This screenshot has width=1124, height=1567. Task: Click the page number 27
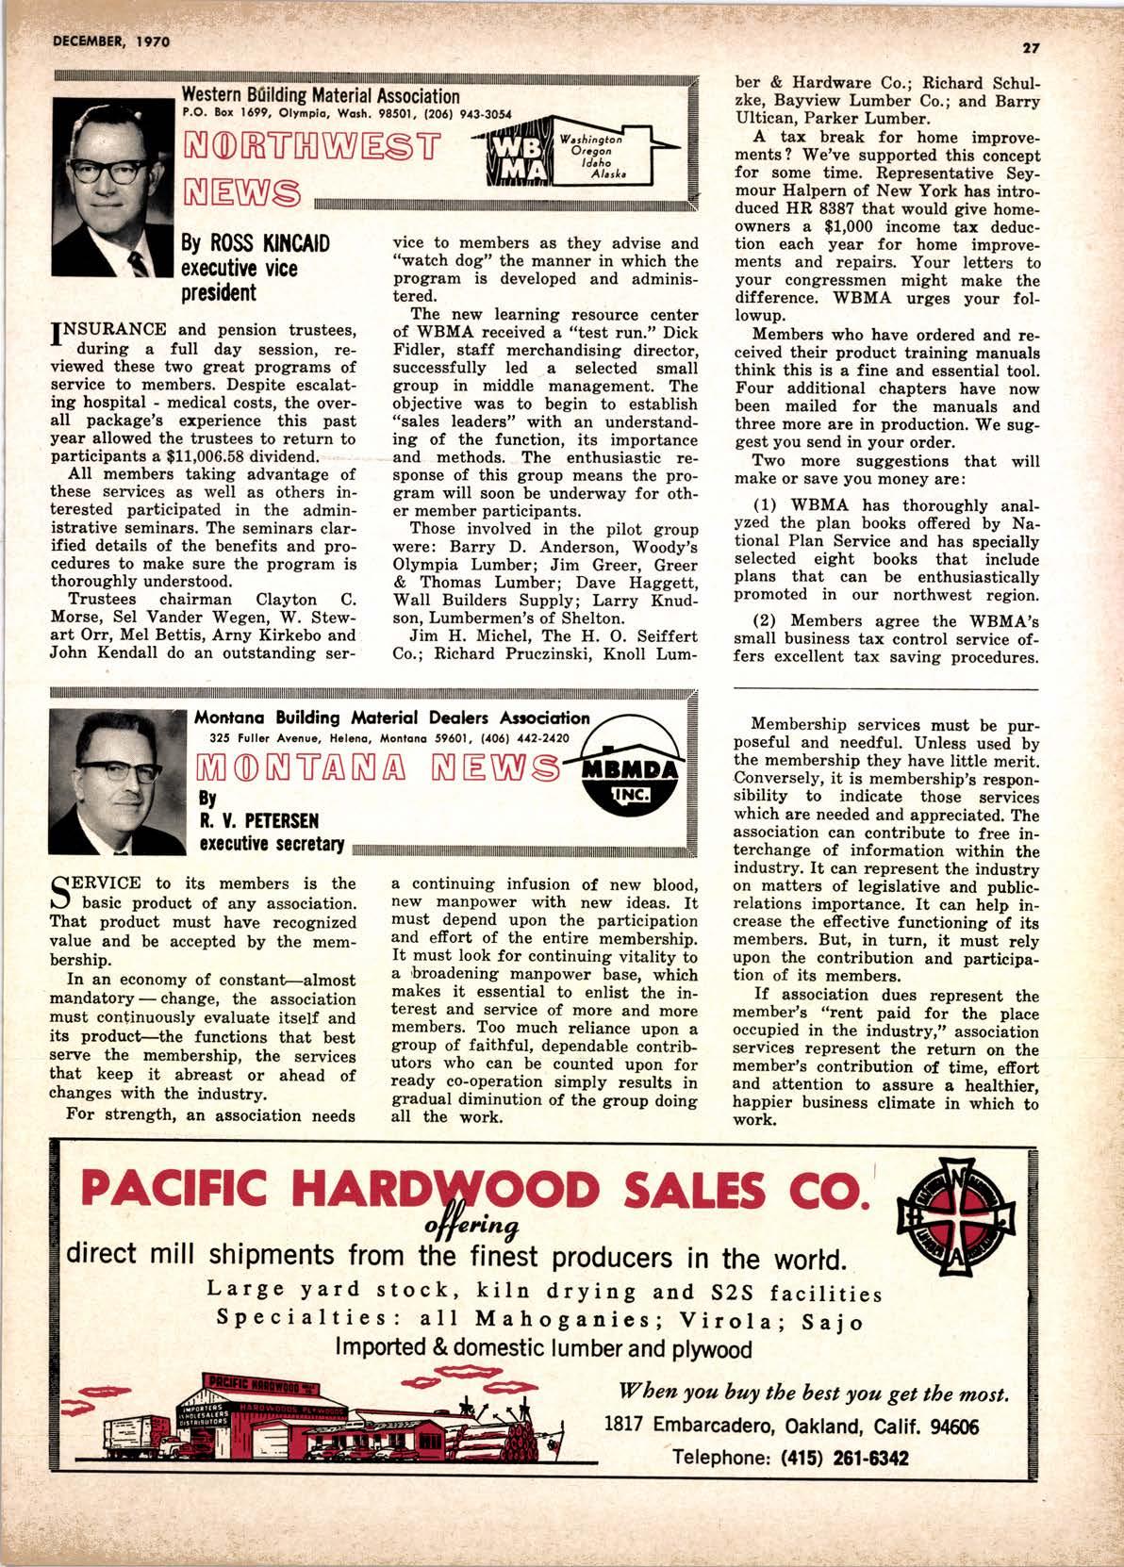pyautogui.click(x=1028, y=48)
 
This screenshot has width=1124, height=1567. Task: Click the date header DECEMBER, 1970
pyautogui.click(x=105, y=41)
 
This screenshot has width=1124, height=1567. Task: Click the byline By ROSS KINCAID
pyautogui.click(x=255, y=244)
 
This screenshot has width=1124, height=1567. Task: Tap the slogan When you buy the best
pyautogui.click(x=814, y=1394)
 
